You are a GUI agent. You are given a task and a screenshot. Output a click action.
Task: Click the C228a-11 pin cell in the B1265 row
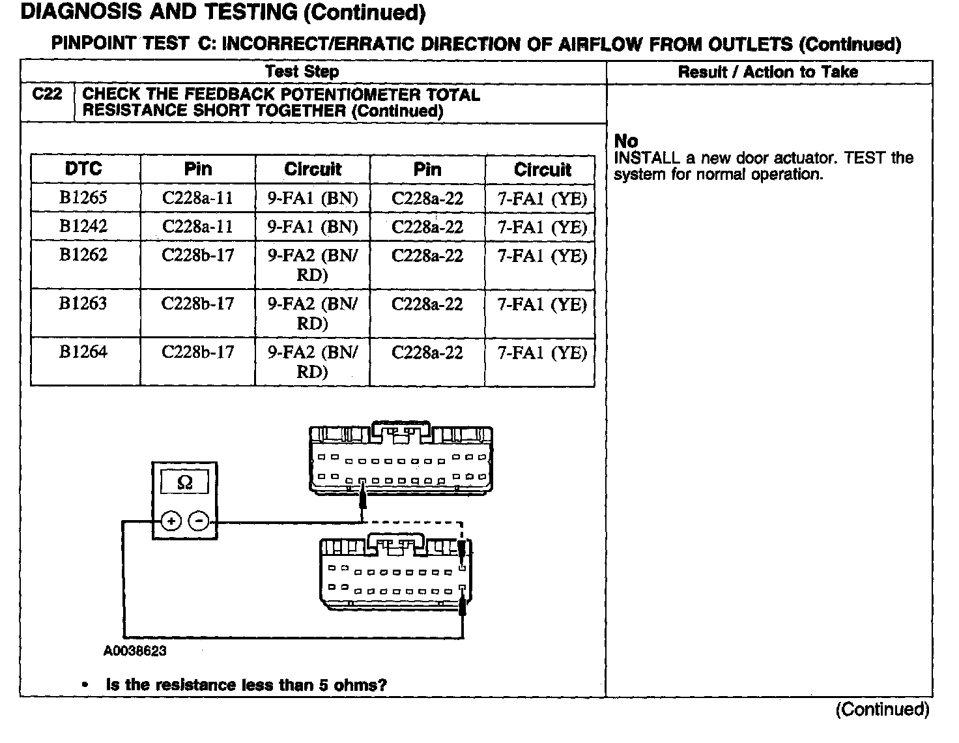pyautogui.click(x=197, y=198)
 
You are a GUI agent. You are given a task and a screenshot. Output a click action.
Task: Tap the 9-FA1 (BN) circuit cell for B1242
pyautogui.click(x=313, y=227)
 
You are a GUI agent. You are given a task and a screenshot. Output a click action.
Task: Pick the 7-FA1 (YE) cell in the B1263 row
pyautogui.click(x=542, y=304)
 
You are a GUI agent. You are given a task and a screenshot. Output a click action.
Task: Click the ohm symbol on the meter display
pyautogui.click(x=185, y=483)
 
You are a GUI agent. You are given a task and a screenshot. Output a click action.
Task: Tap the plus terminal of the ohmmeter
pyautogui.click(x=171, y=521)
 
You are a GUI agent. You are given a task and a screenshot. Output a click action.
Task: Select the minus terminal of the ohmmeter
pyautogui.click(x=199, y=521)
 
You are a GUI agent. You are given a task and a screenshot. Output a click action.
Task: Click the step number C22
pyautogui.click(x=47, y=95)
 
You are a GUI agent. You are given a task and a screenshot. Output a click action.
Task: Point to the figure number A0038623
pyautogui.click(x=135, y=650)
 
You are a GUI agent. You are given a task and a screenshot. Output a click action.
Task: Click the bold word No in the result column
pyautogui.click(x=626, y=141)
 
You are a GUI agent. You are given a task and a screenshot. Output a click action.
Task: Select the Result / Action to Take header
pyautogui.click(x=768, y=72)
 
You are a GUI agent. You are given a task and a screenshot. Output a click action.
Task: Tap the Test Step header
pyautogui.click(x=302, y=72)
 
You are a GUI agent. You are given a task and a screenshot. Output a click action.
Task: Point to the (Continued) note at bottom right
pyautogui.click(x=882, y=709)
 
